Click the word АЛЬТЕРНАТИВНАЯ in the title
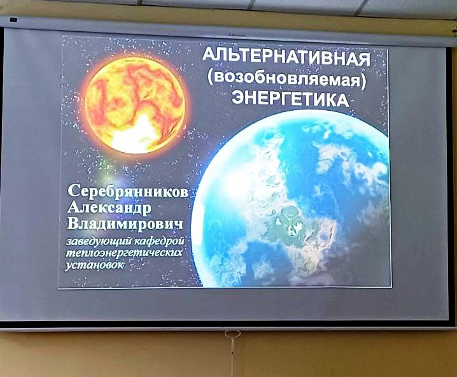286,57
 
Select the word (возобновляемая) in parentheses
287,78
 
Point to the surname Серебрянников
128,192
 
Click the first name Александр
109,208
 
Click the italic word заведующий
99,242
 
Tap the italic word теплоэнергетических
124,252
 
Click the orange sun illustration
135,105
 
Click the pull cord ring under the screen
229,333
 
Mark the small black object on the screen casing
13,20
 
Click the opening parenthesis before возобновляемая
211,78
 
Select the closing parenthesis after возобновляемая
363,80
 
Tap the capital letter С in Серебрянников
73,192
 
